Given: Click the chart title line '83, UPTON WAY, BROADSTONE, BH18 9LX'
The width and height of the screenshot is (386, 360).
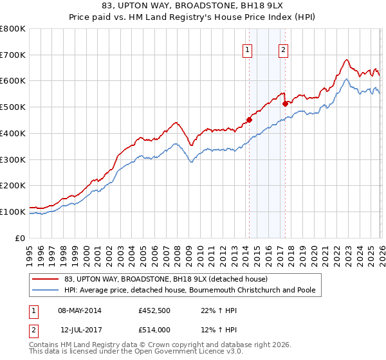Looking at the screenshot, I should [193, 7].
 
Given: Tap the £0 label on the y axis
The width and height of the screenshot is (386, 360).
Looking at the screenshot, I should [20, 238].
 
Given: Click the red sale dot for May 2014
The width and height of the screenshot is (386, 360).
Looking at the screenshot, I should [249, 119].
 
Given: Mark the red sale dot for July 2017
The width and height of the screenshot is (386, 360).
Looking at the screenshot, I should [285, 103].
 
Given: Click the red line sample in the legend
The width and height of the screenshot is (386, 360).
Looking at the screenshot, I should [46, 279].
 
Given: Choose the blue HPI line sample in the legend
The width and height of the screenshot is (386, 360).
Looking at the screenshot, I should [46, 291].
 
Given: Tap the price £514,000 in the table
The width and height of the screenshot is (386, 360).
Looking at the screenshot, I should [156, 330].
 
